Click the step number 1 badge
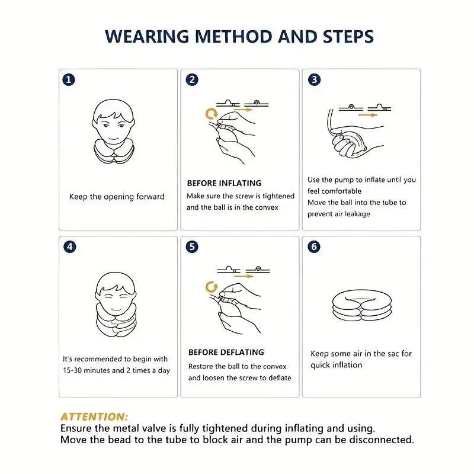[x=69, y=80]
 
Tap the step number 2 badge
[x=192, y=80]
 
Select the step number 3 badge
[x=314, y=79]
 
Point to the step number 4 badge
[x=70, y=246]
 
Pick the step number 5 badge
[x=192, y=246]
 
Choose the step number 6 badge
[x=314, y=246]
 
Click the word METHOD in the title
[x=233, y=37]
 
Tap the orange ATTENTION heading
[x=94, y=417]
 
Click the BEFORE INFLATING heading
[x=224, y=183]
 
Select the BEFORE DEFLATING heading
[x=226, y=352]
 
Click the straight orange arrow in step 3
[x=367, y=115]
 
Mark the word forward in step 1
[x=150, y=197]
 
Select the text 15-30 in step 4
[x=72, y=370]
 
